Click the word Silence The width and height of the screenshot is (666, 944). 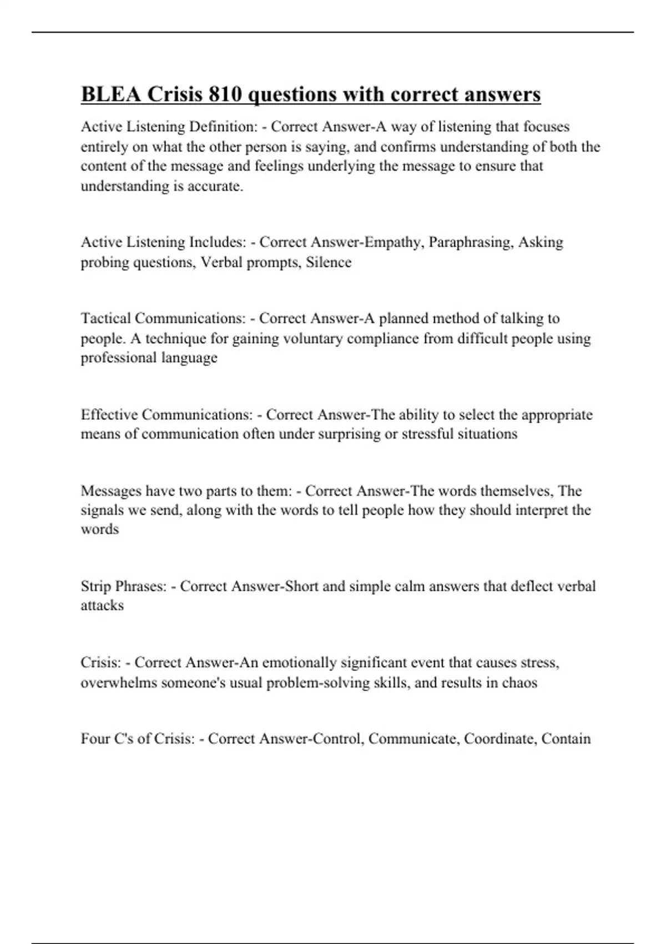click(x=329, y=262)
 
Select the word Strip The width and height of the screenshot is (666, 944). click(x=93, y=586)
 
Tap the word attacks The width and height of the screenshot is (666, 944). click(x=102, y=606)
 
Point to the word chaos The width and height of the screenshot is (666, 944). click(x=519, y=682)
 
